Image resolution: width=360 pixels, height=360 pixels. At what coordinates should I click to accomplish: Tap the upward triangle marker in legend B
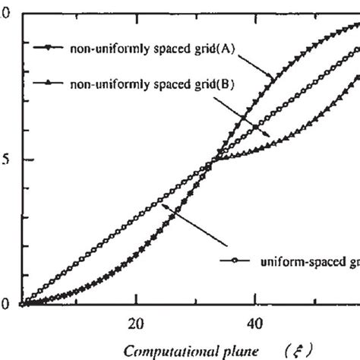pyautogui.click(x=47, y=86)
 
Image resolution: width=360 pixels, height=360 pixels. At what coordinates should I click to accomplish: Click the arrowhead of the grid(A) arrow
pyautogui.click(x=275, y=77)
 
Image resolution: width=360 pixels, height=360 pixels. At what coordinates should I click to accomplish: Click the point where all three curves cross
pyautogui.click(x=215, y=159)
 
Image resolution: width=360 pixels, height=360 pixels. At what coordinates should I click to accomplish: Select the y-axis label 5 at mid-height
pyautogui.click(x=8, y=159)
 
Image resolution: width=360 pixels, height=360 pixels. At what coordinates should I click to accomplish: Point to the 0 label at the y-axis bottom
pyautogui.click(x=6, y=303)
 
